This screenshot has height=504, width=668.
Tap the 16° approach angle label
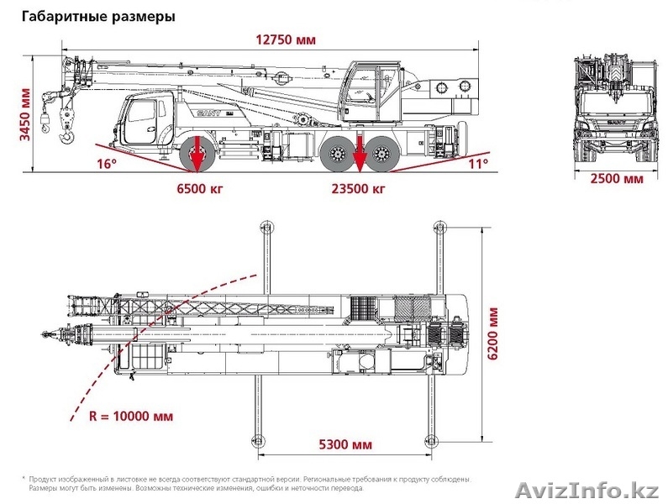click(x=106, y=164)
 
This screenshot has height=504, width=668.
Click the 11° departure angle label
click(x=478, y=164)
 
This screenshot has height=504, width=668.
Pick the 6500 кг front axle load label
click(x=197, y=188)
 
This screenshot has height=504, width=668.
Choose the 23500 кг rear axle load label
click(x=359, y=188)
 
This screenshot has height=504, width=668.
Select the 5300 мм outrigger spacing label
click(x=345, y=444)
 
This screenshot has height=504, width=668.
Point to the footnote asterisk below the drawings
click(x=24, y=478)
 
